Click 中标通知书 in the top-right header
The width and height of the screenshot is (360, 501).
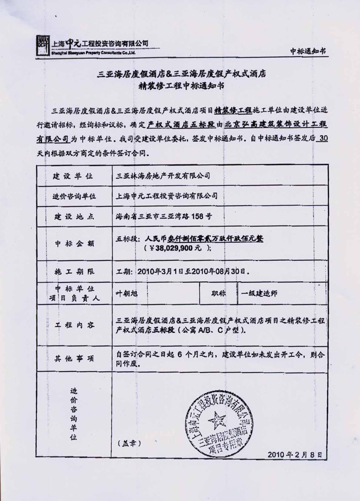308,51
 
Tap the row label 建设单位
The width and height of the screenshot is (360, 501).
73,176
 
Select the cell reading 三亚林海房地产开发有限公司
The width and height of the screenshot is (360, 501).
163,176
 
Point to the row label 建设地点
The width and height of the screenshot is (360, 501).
73,216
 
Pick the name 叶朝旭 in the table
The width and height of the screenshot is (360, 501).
126,294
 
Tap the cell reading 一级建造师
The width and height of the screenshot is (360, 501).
260,294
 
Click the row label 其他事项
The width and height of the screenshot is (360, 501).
73,357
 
